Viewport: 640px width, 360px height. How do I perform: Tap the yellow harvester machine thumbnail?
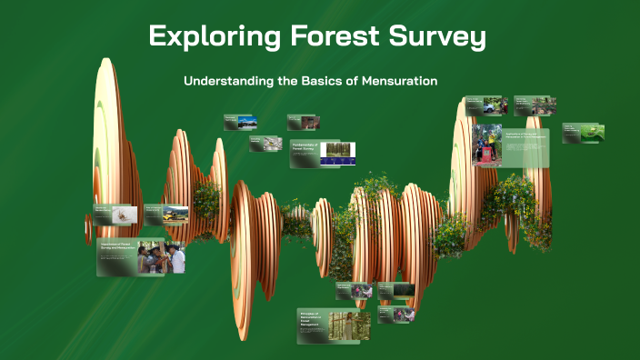coord(175,214)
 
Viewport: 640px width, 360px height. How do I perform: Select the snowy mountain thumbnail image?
coord(246,122)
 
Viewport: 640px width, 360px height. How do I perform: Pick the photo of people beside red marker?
coord(487,145)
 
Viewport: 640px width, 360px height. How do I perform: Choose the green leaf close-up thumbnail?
coord(593,133)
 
